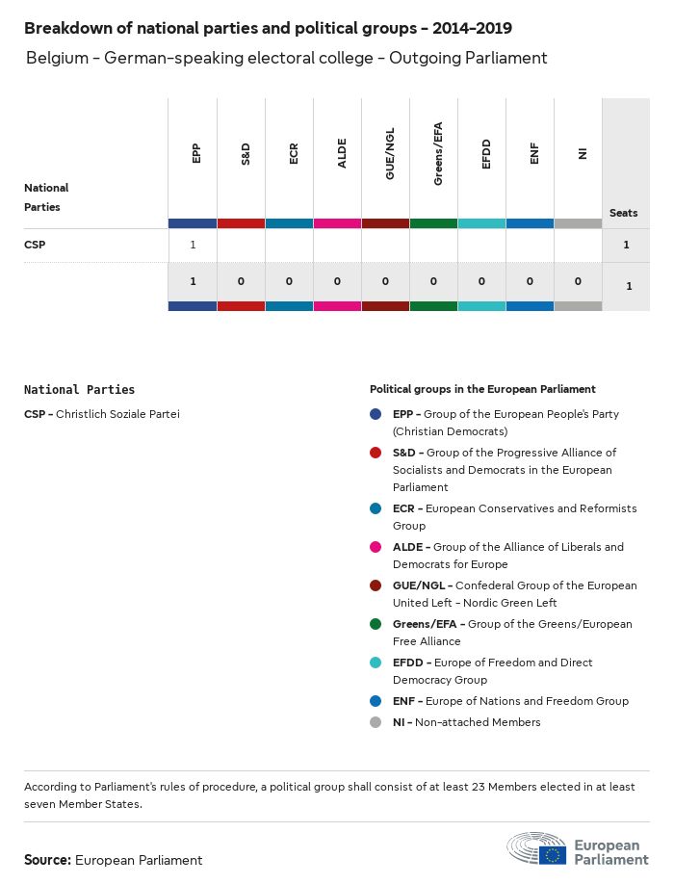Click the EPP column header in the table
(196, 153)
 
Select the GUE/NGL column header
(389, 153)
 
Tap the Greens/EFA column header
(437, 153)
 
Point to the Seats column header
(623, 213)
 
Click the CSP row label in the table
(35, 245)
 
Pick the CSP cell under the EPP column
(193, 245)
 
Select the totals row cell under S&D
(241, 281)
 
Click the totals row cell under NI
(578, 281)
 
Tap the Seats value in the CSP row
(626, 245)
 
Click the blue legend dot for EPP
(376, 414)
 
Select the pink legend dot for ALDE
(376, 547)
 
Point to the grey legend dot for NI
(376, 722)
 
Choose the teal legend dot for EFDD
(376, 663)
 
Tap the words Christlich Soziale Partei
(117, 414)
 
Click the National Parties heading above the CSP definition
(79, 390)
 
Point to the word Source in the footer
(46, 860)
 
